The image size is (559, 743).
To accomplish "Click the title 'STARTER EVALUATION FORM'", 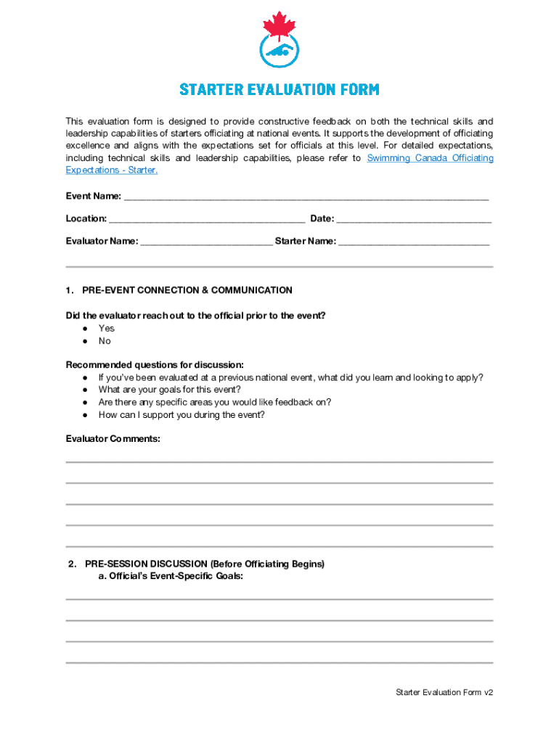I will tap(279, 90).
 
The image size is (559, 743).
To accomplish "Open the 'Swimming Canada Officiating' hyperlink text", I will tap(430, 158).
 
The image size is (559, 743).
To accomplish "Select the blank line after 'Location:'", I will tap(207, 220).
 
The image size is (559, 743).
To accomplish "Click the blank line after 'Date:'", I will tap(414, 220).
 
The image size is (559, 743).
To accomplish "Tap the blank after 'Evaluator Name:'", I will tap(206, 242).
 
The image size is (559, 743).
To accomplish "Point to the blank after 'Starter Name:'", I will tap(414, 242).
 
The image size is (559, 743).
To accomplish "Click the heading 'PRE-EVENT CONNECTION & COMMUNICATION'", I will tap(187, 290).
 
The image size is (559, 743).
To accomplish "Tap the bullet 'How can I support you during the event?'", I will tap(181, 415).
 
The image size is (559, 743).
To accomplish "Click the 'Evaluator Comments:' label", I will tap(113, 439).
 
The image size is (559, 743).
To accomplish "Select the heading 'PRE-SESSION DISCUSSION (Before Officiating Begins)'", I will tap(205, 564).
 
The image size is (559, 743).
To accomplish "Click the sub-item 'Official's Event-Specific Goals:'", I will tap(171, 576).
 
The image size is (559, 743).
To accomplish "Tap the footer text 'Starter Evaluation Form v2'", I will tap(444, 692).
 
